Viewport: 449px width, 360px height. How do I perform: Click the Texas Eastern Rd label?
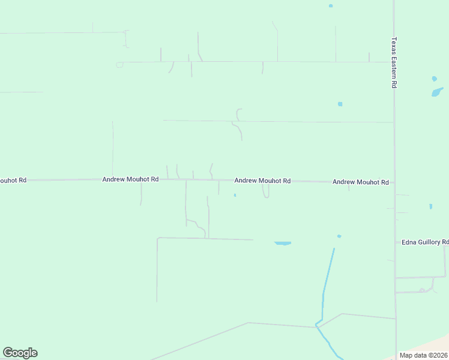(x=394, y=63)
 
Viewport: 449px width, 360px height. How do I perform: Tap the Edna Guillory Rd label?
(x=425, y=242)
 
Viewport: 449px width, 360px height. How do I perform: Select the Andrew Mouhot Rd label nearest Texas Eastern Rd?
(x=360, y=182)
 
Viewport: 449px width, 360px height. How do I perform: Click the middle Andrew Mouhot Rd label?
(x=262, y=181)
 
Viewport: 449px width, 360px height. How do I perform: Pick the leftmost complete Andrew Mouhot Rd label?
(x=130, y=179)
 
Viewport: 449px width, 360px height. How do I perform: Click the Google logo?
(x=20, y=353)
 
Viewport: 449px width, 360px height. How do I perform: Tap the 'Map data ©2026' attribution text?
(x=423, y=355)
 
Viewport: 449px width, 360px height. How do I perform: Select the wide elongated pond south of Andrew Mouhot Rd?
(x=283, y=243)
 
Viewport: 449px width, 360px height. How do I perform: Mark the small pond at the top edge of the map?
(x=330, y=6)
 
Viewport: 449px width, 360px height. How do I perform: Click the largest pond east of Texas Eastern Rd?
(x=437, y=92)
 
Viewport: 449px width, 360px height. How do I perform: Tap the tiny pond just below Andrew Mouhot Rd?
(x=235, y=195)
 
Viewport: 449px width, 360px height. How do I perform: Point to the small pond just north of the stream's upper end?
(x=339, y=236)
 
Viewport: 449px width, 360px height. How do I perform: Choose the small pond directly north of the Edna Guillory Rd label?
(x=430, y=206)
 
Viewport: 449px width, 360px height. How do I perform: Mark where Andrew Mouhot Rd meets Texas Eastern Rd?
(x=394, y=182)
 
